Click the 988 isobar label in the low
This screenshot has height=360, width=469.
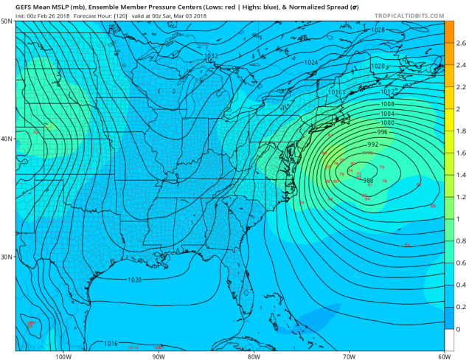pyautogui.click(x=368, y=181)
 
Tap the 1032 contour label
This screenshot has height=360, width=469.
pyautogui.click(x=211, y=56)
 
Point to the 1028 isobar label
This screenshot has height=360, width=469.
pyautogui.click(x=378, y=30)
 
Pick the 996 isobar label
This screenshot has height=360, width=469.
pyautogui.click(x=381, y=131)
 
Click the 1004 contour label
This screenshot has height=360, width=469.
pyautogui.click(x=387, y=114)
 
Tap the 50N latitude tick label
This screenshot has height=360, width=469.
pyautogui.click(x=7, y=21)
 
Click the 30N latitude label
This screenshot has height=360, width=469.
pyautogui.click(x=7, y=257)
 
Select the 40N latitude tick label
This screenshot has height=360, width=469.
pyautogui.click(x=7, y=139)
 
